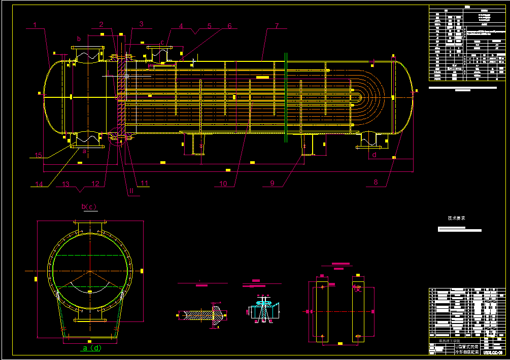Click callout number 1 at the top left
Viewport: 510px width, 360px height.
35,24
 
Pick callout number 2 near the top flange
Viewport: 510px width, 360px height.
101,24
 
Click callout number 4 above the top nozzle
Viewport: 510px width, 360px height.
181,25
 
